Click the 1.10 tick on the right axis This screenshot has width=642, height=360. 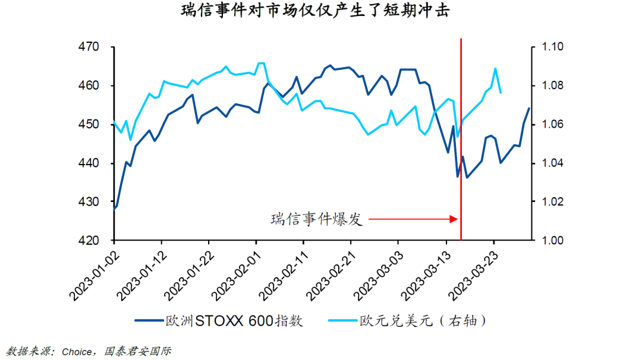click(550, 47)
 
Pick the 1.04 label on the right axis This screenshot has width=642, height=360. click(550, 163)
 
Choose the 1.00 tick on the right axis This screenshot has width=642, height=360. click(550, 241)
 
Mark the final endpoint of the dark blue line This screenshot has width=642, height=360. click(529, 108)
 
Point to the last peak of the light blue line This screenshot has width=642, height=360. click(495, 68)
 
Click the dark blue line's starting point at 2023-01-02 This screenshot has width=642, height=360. click(114, 209)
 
